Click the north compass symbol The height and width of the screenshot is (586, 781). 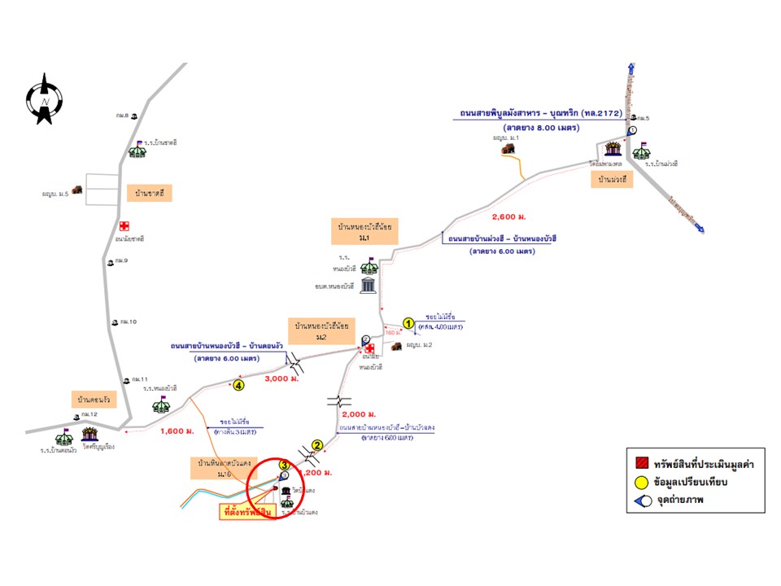[x=44, y=99]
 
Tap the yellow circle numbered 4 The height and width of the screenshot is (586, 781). [x=238, y=384]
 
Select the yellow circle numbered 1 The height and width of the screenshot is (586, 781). [x=409, y=322]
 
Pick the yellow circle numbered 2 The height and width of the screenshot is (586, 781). [x=318, y=445]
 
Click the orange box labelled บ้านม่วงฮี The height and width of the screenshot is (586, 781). [x=616, y=179]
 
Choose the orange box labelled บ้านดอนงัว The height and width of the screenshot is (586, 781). [x=94, y=400]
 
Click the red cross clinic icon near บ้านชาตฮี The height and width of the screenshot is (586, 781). [x=124, y=225]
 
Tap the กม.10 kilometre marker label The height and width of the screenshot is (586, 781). [x=127, y=322]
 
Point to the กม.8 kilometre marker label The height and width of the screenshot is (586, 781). [x=123, y=116]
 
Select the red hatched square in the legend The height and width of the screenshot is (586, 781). [x=642, y=462]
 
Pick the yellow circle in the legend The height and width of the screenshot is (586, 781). [x=642, y=482]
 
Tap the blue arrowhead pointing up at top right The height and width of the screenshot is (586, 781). [x=632, y=69]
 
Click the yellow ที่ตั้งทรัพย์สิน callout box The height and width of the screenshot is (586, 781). [x=244, y=513]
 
